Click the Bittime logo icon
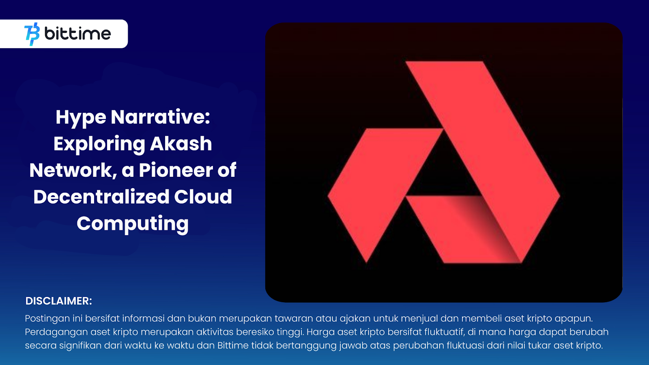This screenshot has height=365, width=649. [32, 34]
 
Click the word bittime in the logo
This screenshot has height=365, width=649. [77, 34]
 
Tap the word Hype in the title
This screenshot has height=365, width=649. [81, 118]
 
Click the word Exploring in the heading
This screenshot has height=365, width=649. [99, 144]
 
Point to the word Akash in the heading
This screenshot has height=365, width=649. [181, 144]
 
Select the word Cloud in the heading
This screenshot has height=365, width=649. [203, 197]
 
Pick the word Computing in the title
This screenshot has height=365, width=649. [133, 224]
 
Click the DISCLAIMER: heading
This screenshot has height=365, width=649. [59, 301]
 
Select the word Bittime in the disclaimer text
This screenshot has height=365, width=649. [233, 346]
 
